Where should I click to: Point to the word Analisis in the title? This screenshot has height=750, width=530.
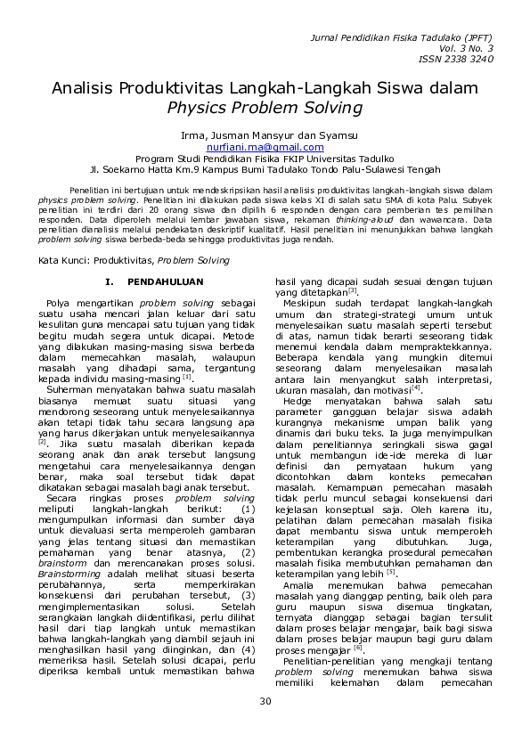(84, 89)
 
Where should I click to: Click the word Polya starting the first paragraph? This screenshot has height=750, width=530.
(61, 304)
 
